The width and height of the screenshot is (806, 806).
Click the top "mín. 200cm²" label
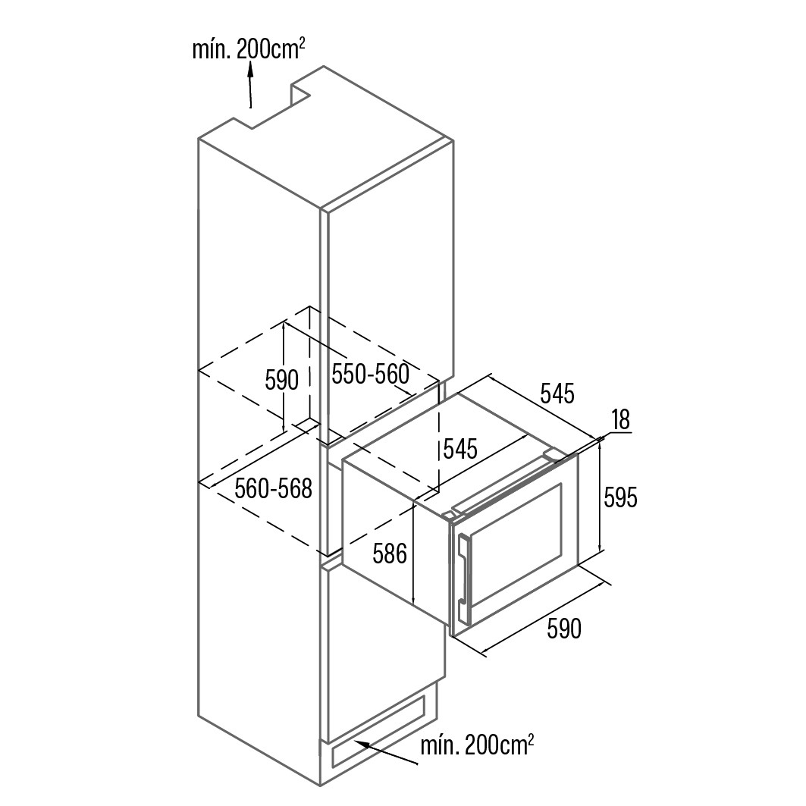pos(248,51)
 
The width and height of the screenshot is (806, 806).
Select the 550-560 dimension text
pos(370,374)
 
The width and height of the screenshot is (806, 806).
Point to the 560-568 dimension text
pos(273,489)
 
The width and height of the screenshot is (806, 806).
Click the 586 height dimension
pos(390,554)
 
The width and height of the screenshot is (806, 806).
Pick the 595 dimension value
pos(620,497)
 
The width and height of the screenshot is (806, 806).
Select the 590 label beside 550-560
pos(282,380)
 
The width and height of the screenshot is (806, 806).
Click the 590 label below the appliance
pos(564,629)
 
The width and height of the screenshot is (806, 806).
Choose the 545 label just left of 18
pos(557,394)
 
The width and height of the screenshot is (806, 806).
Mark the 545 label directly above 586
pos(460,449)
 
